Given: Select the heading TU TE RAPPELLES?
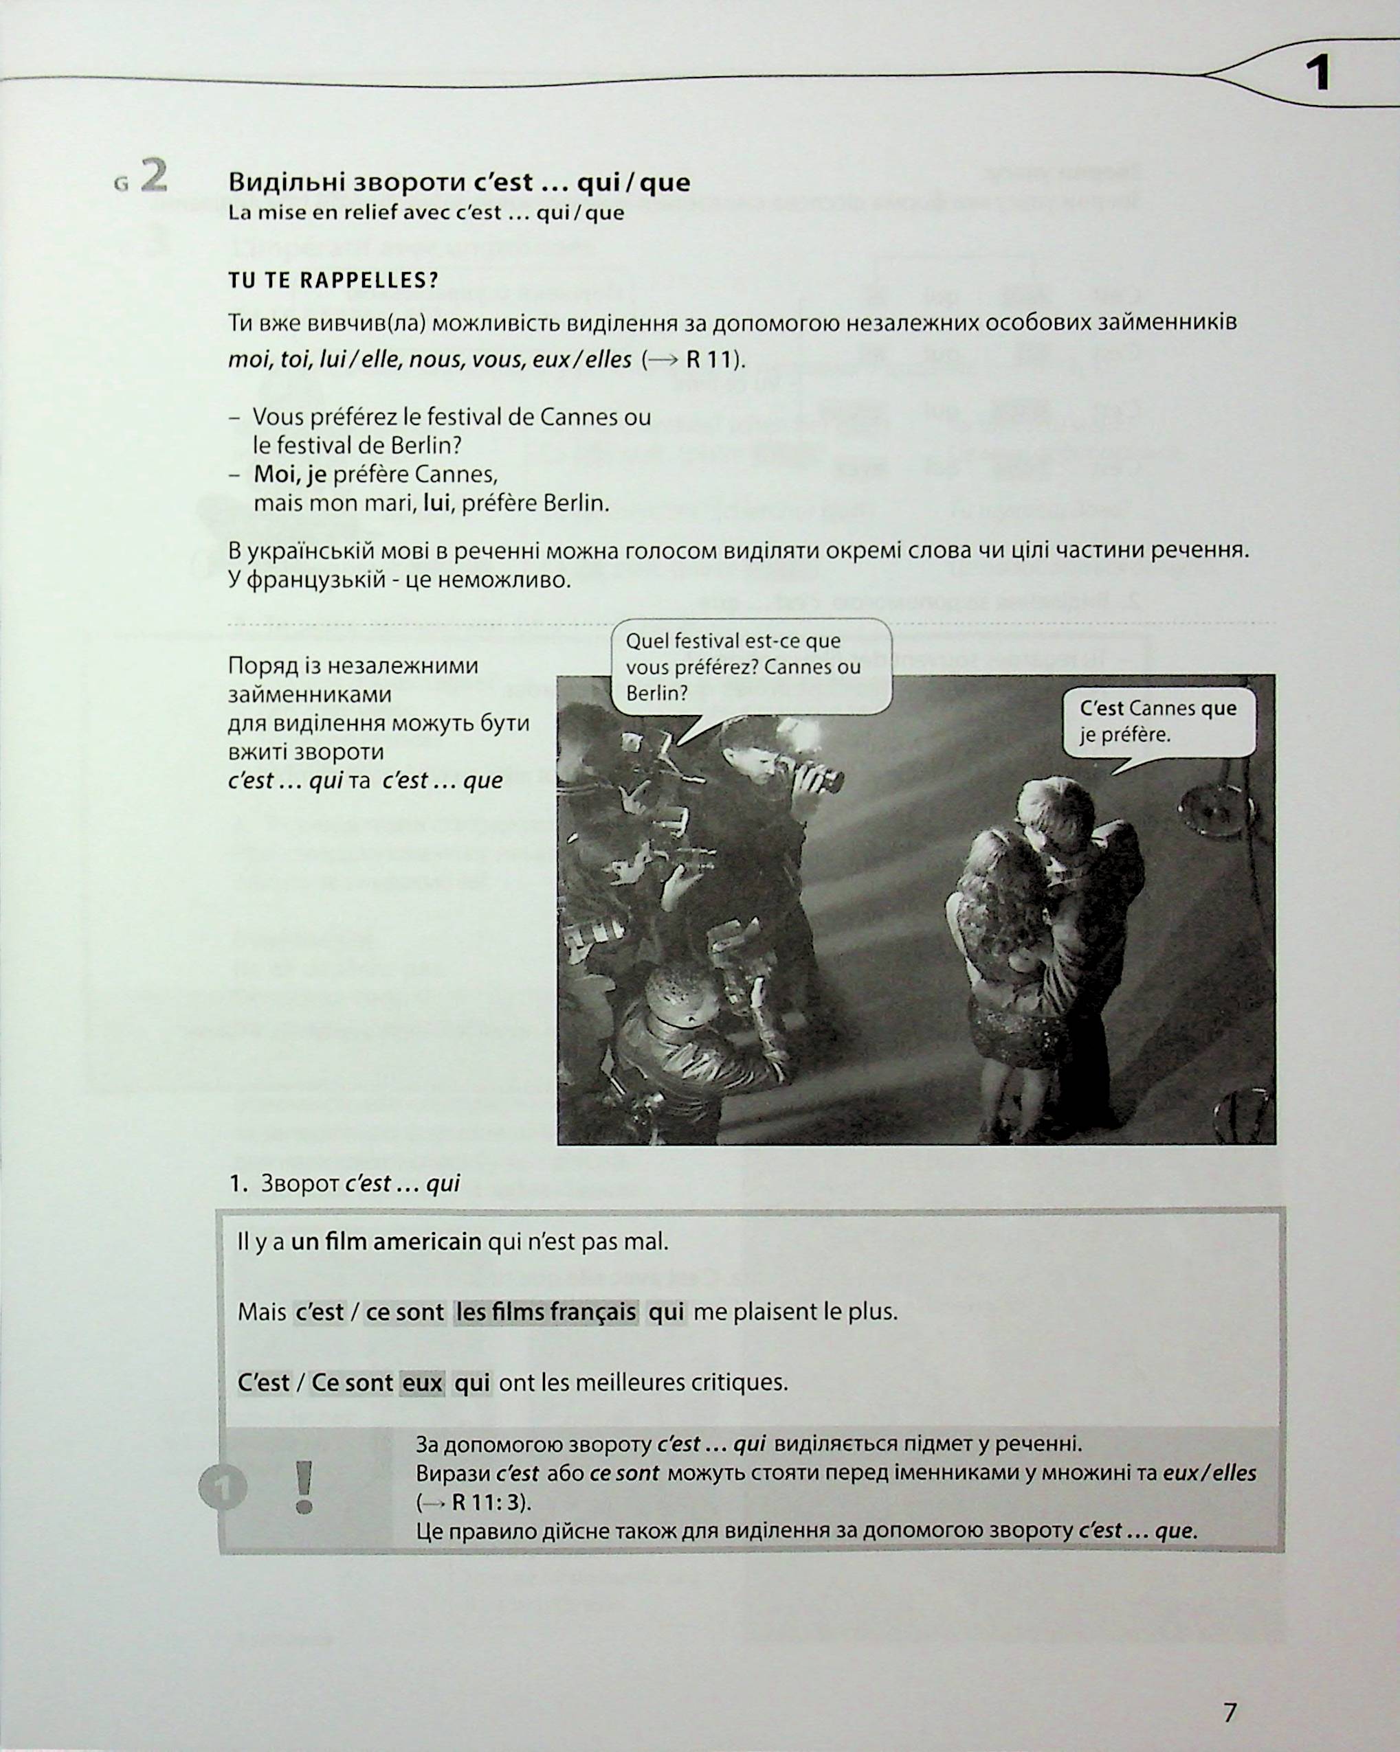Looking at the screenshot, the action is point(333,281).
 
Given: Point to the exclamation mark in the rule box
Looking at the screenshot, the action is point(304,1487).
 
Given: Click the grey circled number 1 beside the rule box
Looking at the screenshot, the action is point(223,1488).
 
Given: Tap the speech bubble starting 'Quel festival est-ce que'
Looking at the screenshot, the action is point(751,667).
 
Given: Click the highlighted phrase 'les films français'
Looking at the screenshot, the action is point(546,1312).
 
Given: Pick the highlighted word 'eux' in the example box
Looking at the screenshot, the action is point(423,1383).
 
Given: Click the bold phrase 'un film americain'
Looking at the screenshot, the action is point(386,1242).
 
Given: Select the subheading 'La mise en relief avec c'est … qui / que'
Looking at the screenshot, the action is point(426,213).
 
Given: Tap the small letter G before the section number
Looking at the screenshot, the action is point(122,183).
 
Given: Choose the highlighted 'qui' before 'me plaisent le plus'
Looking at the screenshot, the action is point(666,1312).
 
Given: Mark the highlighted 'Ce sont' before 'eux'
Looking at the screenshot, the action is point(352,1383).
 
